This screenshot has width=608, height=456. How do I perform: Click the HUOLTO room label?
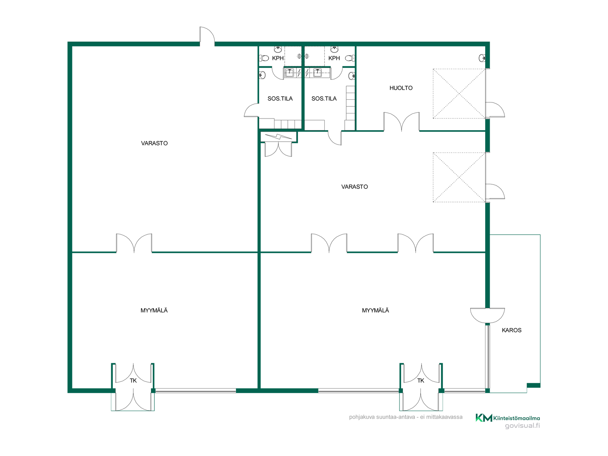401,88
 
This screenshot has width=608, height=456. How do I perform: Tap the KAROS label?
511,330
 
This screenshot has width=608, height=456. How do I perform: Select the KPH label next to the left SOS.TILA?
278,58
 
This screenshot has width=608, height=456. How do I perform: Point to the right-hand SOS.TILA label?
324,99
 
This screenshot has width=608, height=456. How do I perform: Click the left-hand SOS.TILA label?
280,99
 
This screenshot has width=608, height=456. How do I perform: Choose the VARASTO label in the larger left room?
154,143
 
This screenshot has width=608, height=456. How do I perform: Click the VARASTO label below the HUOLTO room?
354,187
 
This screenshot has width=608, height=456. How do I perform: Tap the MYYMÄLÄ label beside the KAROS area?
375,311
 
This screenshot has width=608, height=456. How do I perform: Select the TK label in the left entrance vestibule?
133,381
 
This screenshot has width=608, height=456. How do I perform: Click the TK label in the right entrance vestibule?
421,381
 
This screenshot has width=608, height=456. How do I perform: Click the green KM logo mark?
484,418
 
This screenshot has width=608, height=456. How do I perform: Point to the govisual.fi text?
522,426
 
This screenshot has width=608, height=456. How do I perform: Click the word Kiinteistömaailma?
516,418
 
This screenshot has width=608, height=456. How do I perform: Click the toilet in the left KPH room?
264,58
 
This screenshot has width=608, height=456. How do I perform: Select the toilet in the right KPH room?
350,58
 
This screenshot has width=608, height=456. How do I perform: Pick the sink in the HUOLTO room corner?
482,58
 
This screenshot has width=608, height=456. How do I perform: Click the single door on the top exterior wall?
207,35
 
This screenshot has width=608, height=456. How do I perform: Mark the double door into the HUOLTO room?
402,122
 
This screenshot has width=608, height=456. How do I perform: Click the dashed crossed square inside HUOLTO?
459,94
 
